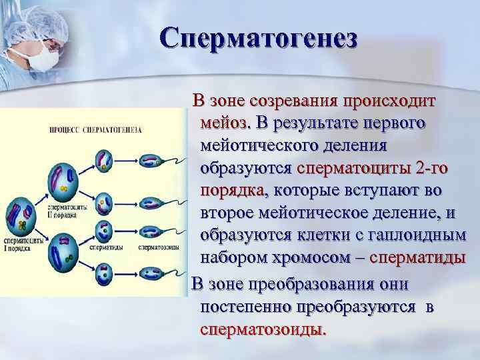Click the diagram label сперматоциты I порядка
pyautogui.click(x=21, y=243)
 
